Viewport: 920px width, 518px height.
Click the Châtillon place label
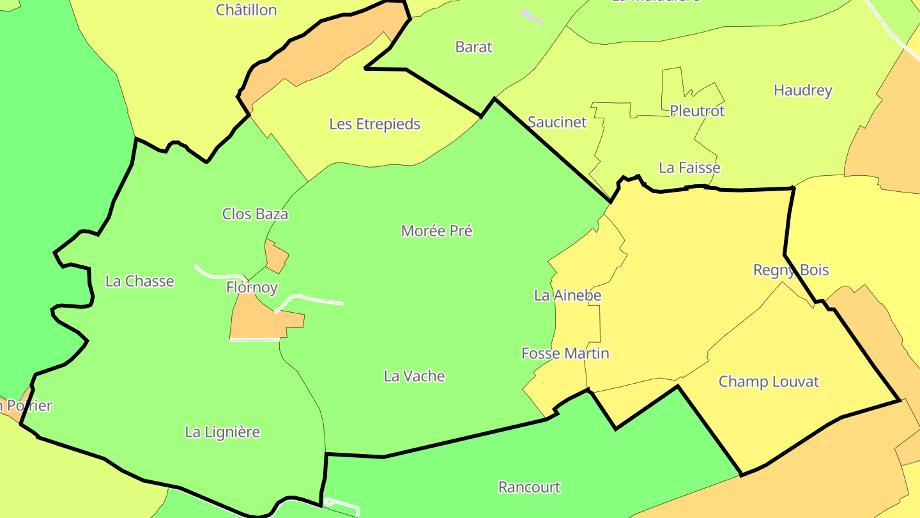(x=246, y=10)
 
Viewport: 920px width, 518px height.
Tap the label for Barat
(x=474, y=47)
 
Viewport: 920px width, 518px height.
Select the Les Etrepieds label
(x=374, y=124)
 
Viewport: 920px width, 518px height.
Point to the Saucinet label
(x=556, y=122)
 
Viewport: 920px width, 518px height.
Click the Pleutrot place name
(x=697, y=111)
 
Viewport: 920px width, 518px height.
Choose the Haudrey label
(x=802, y=90)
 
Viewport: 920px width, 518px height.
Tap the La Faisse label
(x=689, y=168)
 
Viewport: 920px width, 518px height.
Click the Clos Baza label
(x=255, y=214)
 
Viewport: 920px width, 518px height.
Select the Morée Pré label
(x=436, y=231)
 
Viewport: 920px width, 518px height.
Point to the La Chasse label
(x=139, y=281)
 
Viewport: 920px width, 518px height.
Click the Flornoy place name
(x=252, y=288)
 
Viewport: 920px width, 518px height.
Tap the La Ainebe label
(x=567, y=295)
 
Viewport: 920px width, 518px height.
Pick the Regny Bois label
(x=791, y=270)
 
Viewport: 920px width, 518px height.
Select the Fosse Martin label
(x=565, y=354)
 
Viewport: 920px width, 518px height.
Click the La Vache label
(x=414, y=376)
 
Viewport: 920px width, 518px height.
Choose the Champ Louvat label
(x=769, y=382)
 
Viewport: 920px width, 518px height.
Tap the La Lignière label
(x=222, y=432)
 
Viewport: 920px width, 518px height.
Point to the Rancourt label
(x=529, y=487)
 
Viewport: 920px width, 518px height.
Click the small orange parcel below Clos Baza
(x=277, y=256)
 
